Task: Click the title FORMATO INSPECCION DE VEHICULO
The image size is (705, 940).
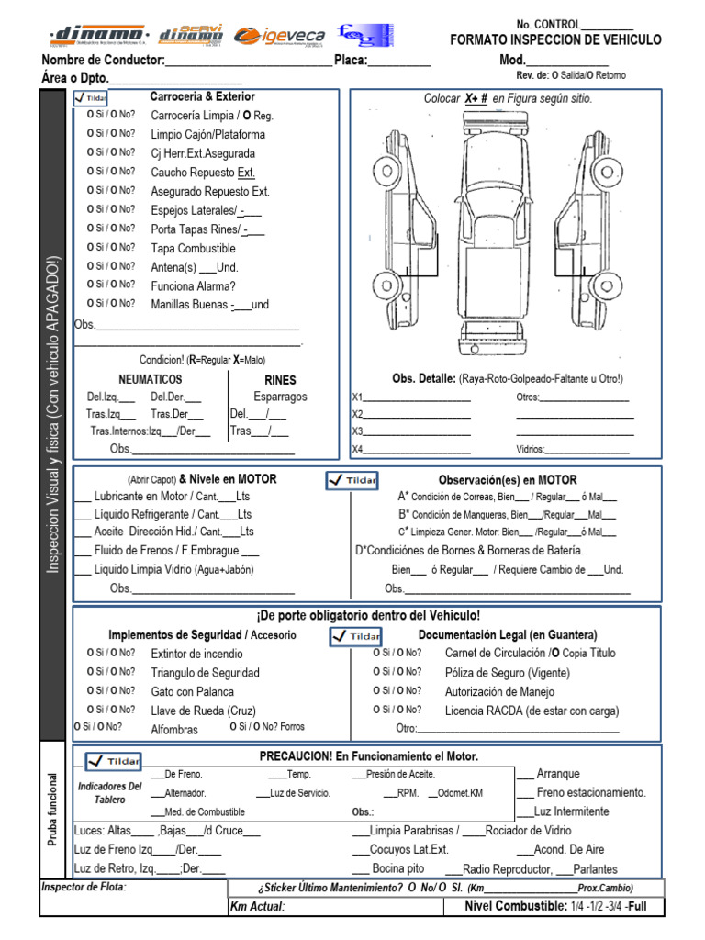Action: point(555,40)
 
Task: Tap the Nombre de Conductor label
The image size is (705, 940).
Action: point(104,61)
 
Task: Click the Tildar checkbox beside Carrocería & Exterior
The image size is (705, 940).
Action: point(93,98)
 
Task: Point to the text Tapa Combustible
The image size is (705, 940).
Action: point(193,248)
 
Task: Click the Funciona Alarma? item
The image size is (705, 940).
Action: point(193,285)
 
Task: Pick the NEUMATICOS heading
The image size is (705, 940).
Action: point(150,379)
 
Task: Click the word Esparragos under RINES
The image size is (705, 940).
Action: point(280,397)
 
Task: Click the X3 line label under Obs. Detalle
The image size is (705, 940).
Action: point(358,431)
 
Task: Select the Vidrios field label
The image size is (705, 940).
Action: point(531,450)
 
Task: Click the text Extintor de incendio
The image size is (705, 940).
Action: point(196,654)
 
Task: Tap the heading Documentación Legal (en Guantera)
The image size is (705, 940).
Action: point(508,634)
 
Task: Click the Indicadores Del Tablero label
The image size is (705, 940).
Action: point(109,793)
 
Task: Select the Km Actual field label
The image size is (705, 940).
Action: point(257,906)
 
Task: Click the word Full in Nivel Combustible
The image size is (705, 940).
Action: point(638,906)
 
